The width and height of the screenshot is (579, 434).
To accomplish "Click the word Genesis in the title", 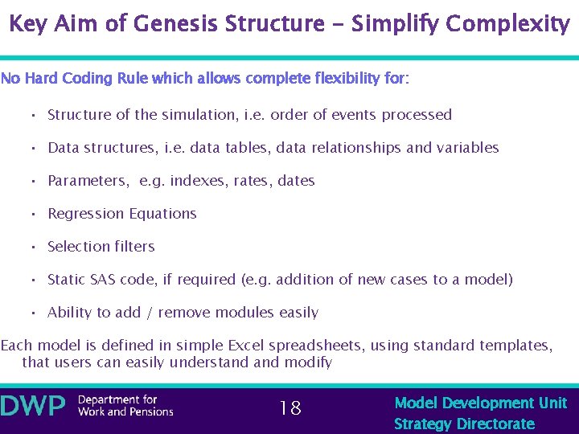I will (x=177, y=24).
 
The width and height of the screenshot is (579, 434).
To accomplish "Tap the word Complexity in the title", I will (x=507, y=24).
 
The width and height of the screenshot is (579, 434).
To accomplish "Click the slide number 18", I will (x=289, y=408).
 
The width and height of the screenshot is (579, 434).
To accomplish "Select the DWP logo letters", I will (x=34, y=407).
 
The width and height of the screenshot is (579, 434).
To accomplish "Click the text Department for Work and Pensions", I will (x=125, y=406).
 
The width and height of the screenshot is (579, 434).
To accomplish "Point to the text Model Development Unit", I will (x=480, y=403).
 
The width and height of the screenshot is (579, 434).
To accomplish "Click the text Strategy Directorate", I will (x=464, y=424).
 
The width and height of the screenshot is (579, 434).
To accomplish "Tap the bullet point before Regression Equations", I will (x=34, y=214).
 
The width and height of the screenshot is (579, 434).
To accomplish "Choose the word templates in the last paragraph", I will (x=515, y=346).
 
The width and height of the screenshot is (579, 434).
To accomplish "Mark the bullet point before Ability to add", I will (x=34, y=313).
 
